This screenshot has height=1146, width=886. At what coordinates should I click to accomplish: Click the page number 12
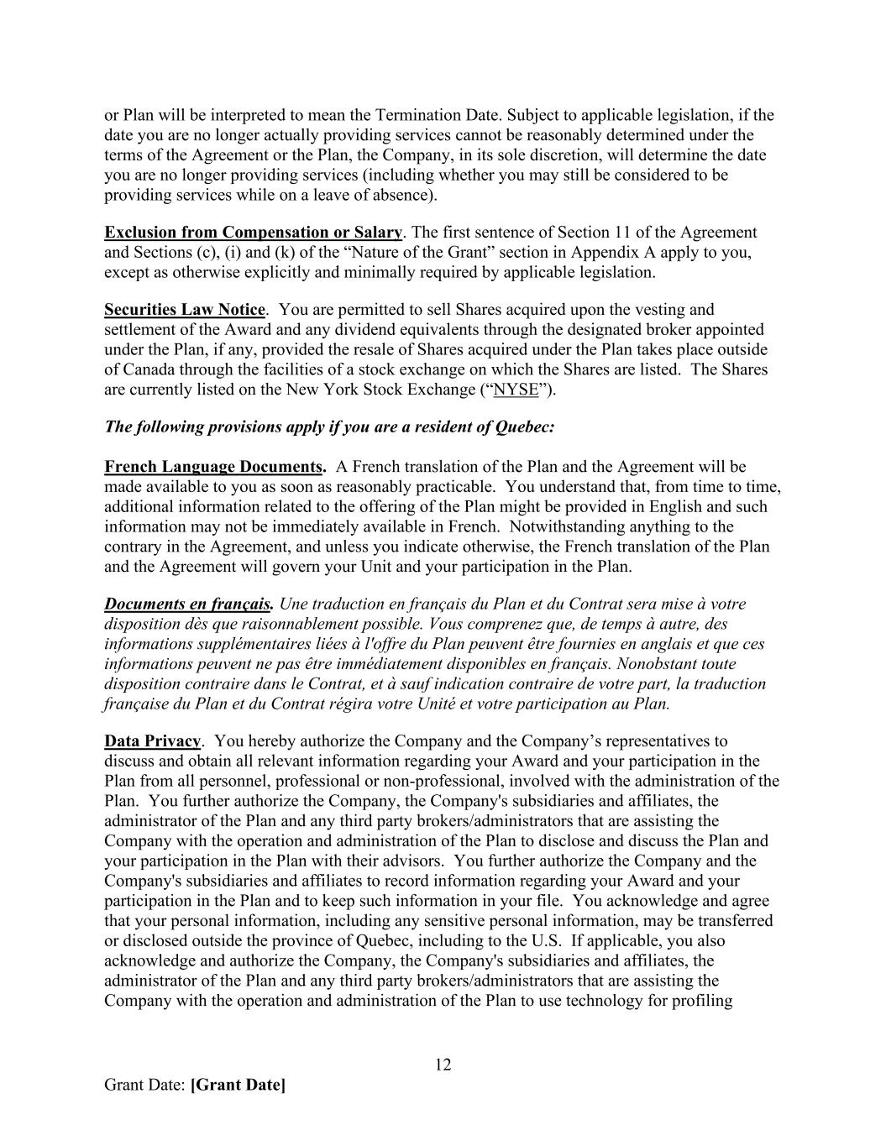point(443,1065)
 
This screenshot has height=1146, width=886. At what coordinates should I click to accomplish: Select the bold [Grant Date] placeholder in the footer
point(238,1085)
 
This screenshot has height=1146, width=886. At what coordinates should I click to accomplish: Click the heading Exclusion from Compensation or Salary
point(253,233)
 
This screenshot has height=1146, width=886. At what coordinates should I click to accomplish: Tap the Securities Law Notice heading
point(184,310)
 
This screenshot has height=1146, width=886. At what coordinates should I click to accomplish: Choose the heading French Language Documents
point(215,467)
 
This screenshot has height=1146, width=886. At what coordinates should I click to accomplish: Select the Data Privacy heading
point(152,741)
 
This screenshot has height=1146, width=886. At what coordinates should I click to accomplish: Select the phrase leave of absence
point(377,196)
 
